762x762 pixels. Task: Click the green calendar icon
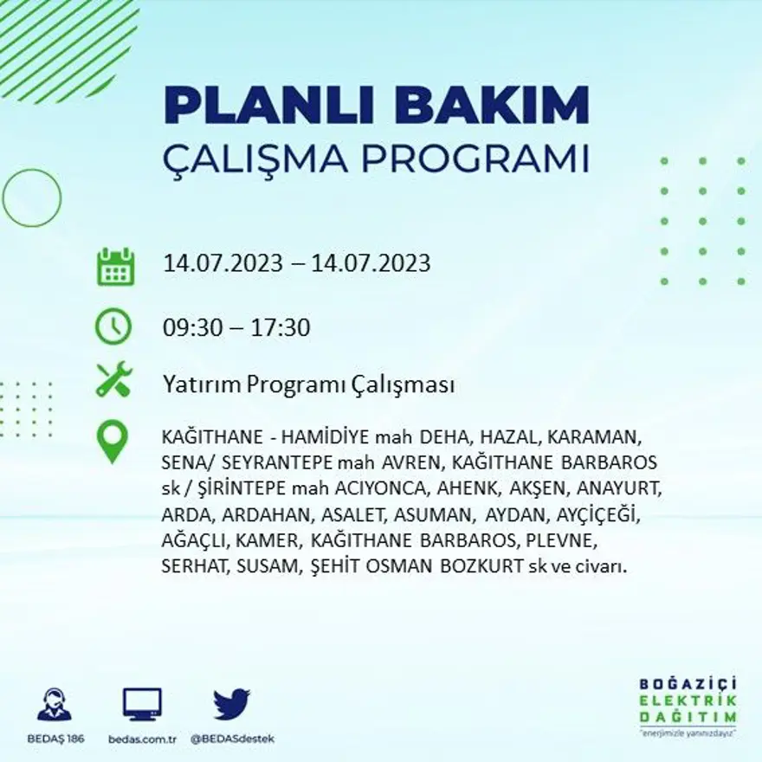coord(114,267)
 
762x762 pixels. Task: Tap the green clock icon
coord(113,327)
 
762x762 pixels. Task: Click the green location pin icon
coord(113,441)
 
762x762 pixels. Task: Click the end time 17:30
coord(281,328)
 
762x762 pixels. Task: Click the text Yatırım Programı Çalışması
coord(308,385)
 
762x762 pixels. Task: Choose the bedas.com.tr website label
coord(142,739)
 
